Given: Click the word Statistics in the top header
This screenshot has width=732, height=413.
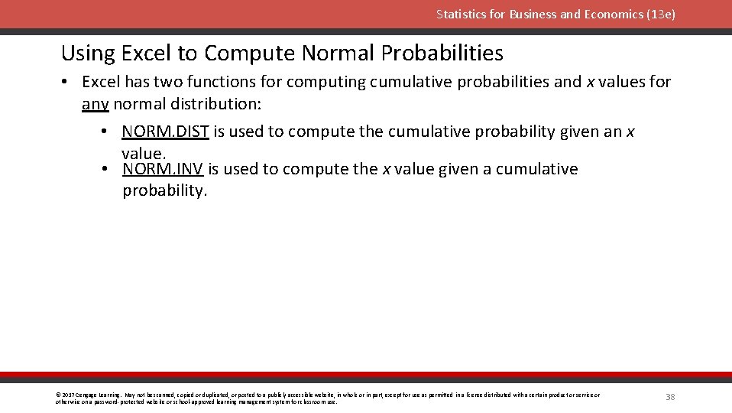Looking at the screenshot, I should pos(458,15).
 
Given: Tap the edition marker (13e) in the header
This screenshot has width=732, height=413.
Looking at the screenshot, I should pos(661,15).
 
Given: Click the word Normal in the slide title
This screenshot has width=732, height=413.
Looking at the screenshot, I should pos(338,54).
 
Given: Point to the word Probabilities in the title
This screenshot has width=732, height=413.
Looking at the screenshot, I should pos(442,54).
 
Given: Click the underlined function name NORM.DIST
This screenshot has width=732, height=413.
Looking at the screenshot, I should pos(165,132).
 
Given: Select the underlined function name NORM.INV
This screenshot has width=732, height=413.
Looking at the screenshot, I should pos(163,169).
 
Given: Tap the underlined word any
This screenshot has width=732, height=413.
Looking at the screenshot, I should pos(96,103).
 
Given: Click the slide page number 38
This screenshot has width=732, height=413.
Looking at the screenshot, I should pos(670,397).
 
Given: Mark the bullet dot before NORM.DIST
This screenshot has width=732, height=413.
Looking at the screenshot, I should pos(104,132).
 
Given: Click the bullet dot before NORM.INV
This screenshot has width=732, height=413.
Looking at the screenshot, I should pos(104,169).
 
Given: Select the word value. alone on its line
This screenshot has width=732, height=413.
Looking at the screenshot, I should pos(143,153).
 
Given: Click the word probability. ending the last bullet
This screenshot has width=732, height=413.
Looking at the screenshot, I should pos(165,190).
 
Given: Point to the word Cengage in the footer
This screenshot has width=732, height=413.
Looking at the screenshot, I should pos(84,395).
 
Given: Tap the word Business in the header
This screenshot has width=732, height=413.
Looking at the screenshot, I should pos(535,15).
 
